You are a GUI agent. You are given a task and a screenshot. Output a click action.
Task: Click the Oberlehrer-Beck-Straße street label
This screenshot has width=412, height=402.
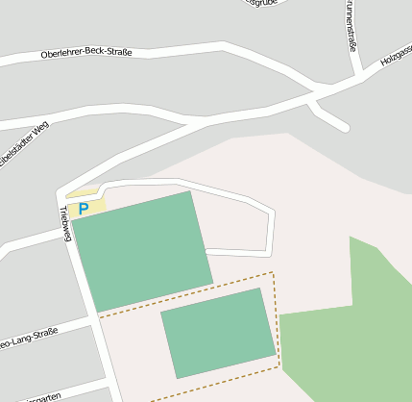86,52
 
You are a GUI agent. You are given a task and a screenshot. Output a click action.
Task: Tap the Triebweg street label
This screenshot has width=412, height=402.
65,223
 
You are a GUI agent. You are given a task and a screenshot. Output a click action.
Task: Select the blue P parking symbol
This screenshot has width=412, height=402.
84,208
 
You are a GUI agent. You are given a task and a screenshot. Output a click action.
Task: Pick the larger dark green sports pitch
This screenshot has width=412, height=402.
142,250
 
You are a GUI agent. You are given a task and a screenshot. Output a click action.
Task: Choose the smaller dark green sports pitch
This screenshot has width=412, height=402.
218,332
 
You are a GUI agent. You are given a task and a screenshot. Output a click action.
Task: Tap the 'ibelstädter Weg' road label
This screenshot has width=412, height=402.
23,144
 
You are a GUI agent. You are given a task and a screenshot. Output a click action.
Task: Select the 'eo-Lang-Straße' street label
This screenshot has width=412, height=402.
29,338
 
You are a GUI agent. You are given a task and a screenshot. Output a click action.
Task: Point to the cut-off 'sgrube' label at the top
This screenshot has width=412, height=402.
262,3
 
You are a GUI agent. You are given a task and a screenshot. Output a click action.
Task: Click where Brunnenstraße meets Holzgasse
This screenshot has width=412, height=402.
359,75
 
